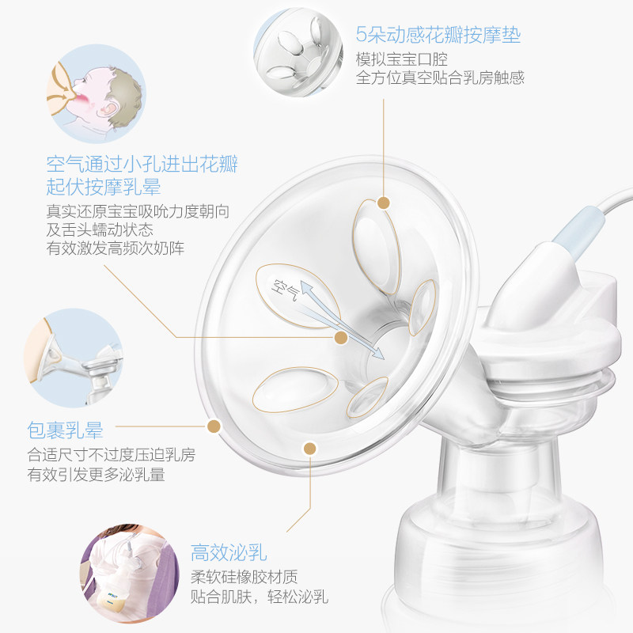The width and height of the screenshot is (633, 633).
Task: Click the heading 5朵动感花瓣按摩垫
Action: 438,36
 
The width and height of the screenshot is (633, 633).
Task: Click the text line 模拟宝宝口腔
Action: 402,59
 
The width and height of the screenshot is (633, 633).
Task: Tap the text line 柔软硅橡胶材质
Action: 244,576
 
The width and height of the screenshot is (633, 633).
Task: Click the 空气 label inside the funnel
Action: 284,290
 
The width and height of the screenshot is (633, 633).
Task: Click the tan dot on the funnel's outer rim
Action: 212,427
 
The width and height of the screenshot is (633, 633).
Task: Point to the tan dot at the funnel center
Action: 341,338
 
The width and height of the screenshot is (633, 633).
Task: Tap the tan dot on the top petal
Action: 384,203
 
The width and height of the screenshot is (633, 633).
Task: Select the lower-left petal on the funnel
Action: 294,389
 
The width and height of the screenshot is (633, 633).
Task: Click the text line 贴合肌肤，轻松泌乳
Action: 260,596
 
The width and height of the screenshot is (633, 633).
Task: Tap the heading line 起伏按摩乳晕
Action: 104,187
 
